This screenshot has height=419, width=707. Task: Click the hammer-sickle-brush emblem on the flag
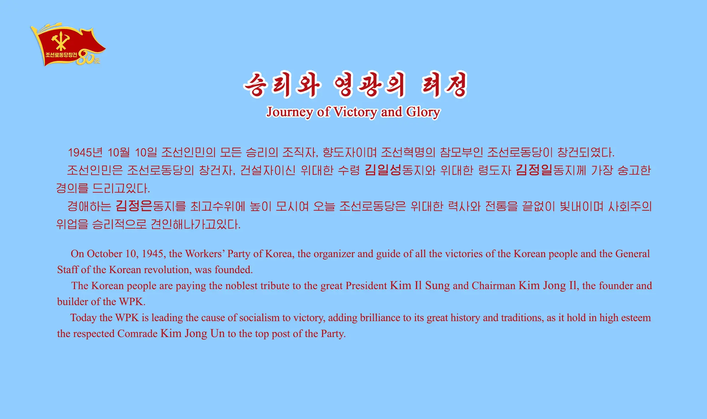pos(60,41)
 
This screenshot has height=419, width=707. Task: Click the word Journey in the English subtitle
pos(290,112)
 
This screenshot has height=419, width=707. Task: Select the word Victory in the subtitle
pos(355,112)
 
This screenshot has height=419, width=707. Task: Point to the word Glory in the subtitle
pos(423,112)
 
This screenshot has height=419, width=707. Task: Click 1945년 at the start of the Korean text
pos(85,153)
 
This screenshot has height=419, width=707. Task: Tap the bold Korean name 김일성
pos(383,170)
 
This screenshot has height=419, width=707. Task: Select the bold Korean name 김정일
pos(534,170)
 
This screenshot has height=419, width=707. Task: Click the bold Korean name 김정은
pos(134,206)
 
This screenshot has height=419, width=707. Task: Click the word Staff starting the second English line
pos(68,270)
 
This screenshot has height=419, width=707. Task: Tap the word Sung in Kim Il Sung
pos(437,286)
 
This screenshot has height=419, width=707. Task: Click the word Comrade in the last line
pos(138,333)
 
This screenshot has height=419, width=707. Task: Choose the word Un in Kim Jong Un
pos(217,333)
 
